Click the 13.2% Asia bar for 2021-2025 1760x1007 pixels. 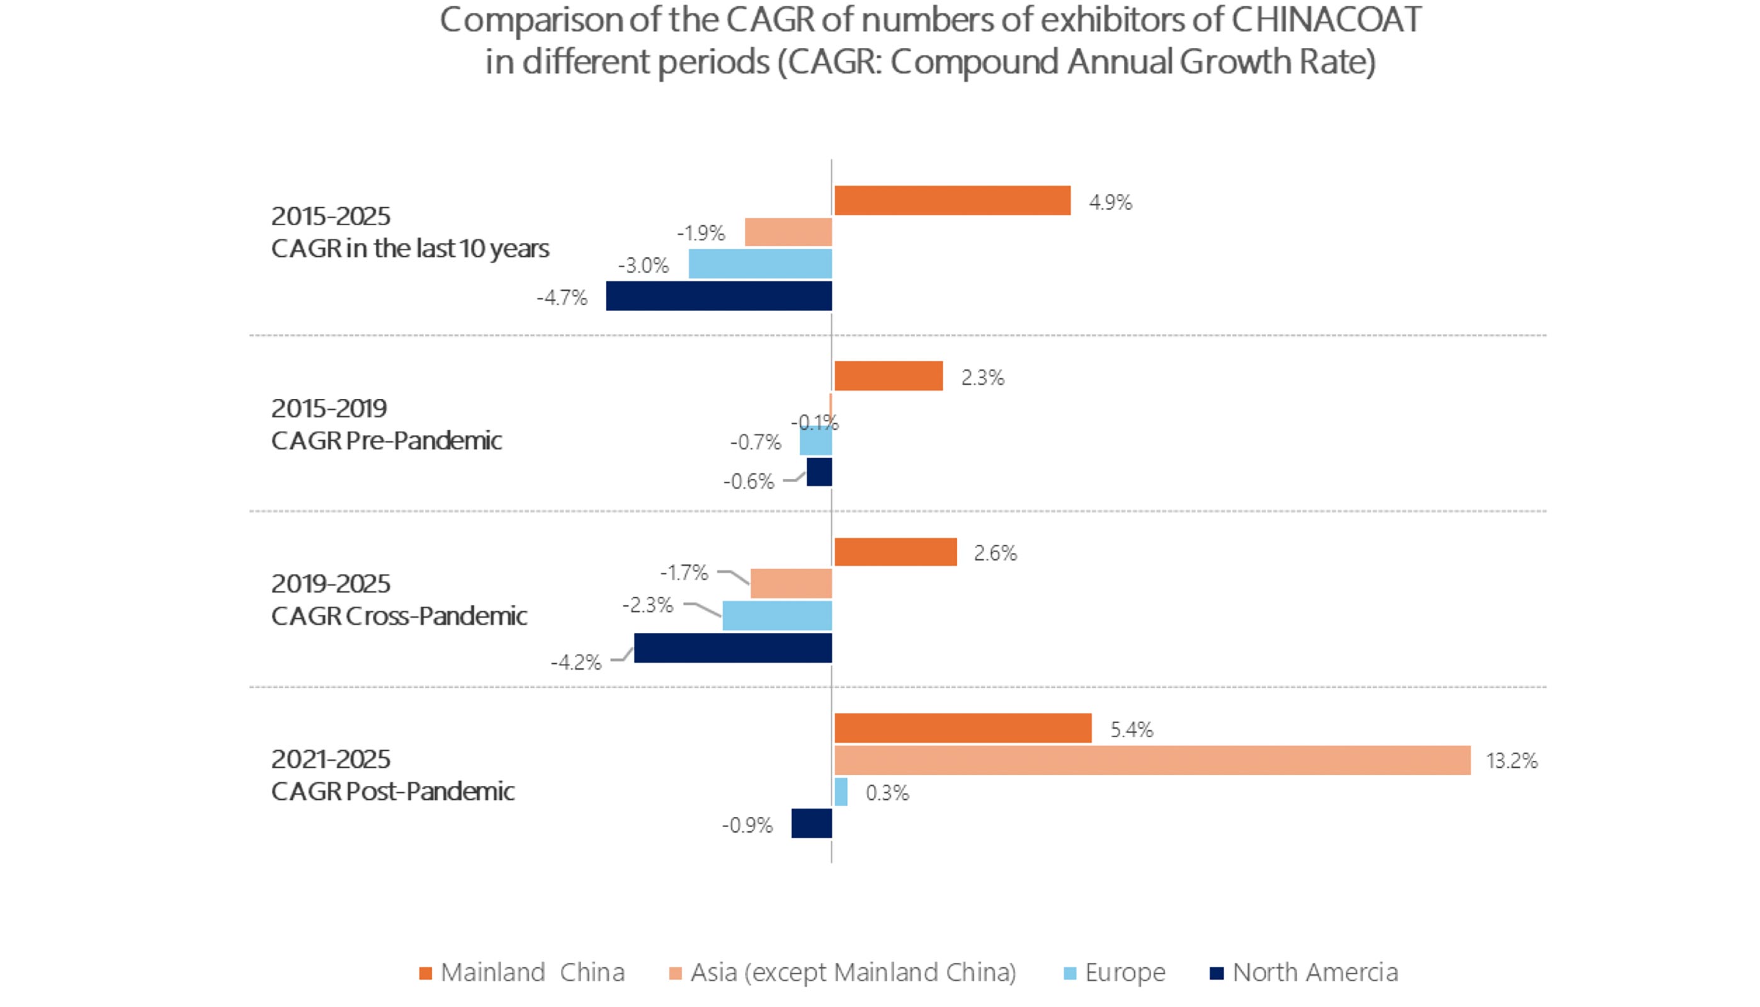pos(1152,760)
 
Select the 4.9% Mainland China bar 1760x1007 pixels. pos(952,201)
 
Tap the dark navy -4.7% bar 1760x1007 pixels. pos(719,296)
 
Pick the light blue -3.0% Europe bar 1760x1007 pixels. pos(759,264)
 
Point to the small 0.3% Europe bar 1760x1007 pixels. pos(841,792)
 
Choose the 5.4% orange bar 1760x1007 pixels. pos(962,728)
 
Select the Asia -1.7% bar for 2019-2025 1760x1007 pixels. pos(791,583)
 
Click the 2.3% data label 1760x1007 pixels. pos(982,378)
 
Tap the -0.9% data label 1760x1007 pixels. pos(747,825)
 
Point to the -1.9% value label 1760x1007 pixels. pos(701,233)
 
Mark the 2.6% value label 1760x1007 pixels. pos(996,553)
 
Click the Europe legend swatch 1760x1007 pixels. pos(1070,974)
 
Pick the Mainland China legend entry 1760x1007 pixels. pos(532,972)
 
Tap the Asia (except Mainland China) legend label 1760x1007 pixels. pos(853,972)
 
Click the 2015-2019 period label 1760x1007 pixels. pos(329,408)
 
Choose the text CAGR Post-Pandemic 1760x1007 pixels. pos(393,791)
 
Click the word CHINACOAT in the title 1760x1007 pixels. pos(1326,20)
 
